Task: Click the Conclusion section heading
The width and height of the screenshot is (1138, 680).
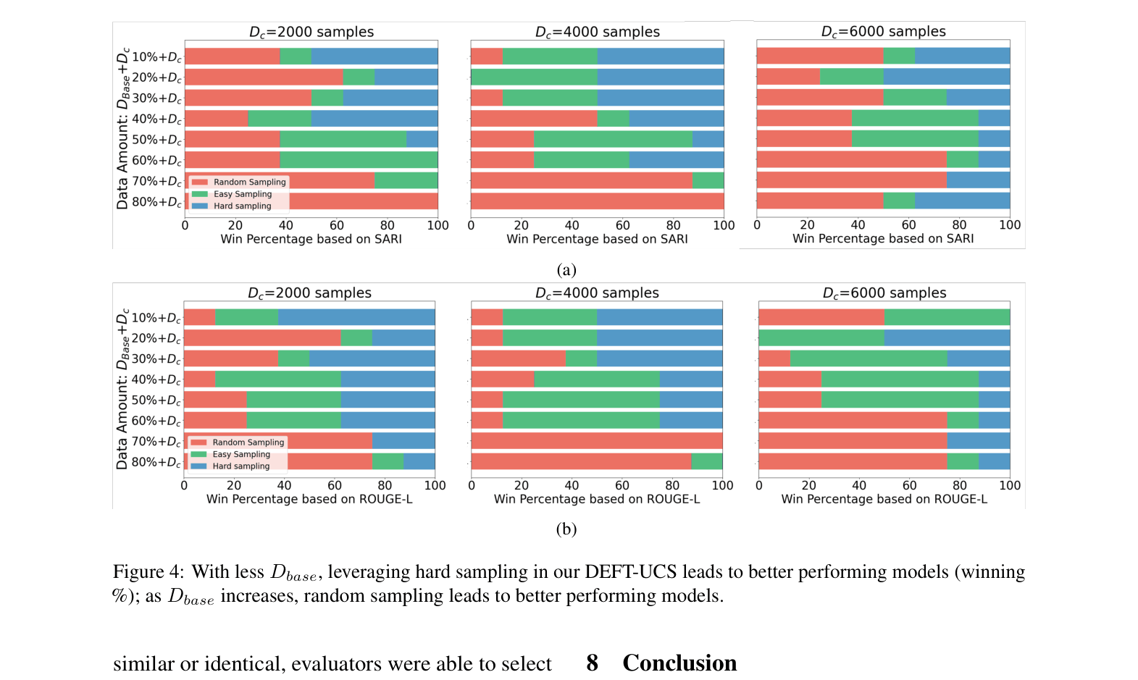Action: tap(679, 663)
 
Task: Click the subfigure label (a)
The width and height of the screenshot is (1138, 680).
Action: tap(566, 269)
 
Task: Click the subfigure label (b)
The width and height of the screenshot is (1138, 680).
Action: tap(566, 529)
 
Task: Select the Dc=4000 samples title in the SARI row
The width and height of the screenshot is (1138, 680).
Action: tap(597, 32)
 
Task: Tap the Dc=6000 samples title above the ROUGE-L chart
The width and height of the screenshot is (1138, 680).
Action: tap(884, 293)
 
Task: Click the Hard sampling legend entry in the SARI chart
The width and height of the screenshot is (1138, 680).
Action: tap(242, 206)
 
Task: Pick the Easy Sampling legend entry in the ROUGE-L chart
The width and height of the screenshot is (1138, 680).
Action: tap(240, 454)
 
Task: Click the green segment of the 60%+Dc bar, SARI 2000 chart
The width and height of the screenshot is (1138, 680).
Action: tap(359, 160)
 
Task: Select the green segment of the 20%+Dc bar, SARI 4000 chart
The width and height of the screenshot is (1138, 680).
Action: tap(534, 77)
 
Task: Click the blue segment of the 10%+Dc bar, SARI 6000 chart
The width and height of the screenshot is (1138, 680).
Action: tap(962, 56)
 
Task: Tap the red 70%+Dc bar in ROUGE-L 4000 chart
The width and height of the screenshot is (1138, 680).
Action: tap(597, 441)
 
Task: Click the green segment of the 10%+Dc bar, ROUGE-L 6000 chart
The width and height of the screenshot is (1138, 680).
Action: tap(947, 317)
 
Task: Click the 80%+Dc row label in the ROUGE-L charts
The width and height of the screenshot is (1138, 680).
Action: tap(156, 462)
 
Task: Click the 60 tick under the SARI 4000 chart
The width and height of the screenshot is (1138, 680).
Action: tap(622, 225)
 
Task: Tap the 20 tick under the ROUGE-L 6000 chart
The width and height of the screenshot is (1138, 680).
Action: tap(808, 485)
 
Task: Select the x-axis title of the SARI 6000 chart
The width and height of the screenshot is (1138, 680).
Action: tap(883, 238)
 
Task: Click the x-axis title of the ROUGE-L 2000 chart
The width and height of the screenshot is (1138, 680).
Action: tap(309, 499)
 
